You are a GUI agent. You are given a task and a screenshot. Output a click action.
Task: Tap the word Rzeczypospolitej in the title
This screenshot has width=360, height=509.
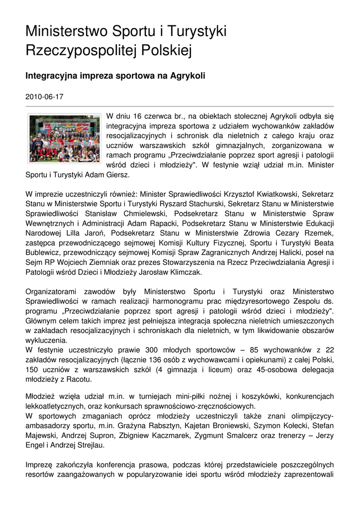(83, 50)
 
